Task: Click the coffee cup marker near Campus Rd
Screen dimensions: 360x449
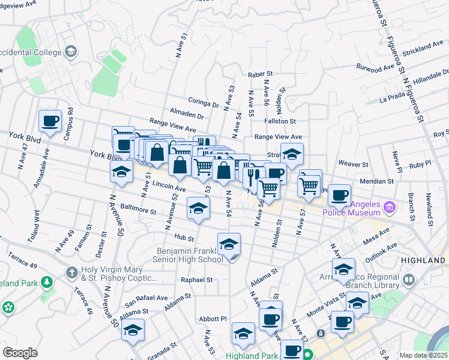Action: [x=50, y=121]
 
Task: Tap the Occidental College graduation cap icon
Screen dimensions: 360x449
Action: [x=71, y=52]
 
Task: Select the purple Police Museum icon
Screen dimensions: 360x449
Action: [x=389, y=208]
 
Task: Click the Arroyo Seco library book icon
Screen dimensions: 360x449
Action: [x=409, y=280]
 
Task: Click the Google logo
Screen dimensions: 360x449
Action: [x=20, y=353]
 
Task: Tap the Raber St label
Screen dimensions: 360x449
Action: [x=261, y=74]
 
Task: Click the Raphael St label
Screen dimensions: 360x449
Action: [x=197, y=280]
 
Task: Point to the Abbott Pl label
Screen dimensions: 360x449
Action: [x=214, y=319]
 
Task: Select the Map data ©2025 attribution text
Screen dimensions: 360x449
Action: [x=423, y=355]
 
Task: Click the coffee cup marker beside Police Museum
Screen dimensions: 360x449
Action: [x=339, y=194]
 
